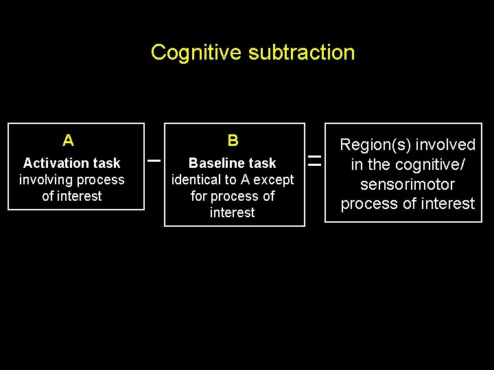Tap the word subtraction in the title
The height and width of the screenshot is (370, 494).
pyautogui.click(x=302, y=53)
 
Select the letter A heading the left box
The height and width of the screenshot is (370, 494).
pyautogui.click(x=68, y=141)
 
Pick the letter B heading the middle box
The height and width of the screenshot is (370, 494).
pyautogui.click(x=233, y=141)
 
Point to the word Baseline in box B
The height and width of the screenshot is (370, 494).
pyautogui.click(x=218, y=163)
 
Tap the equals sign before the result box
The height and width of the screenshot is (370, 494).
pyautogui.click(x=314, y=162)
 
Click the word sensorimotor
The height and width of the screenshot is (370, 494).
pyautogui.click(x=408, y=184)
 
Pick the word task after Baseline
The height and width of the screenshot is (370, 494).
pyautogui.click(x=263, y=163)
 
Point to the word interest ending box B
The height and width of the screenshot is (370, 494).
pyautogui.click(x=232, y=213)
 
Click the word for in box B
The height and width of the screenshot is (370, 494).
pyautogui.click(x=199, y=197)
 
